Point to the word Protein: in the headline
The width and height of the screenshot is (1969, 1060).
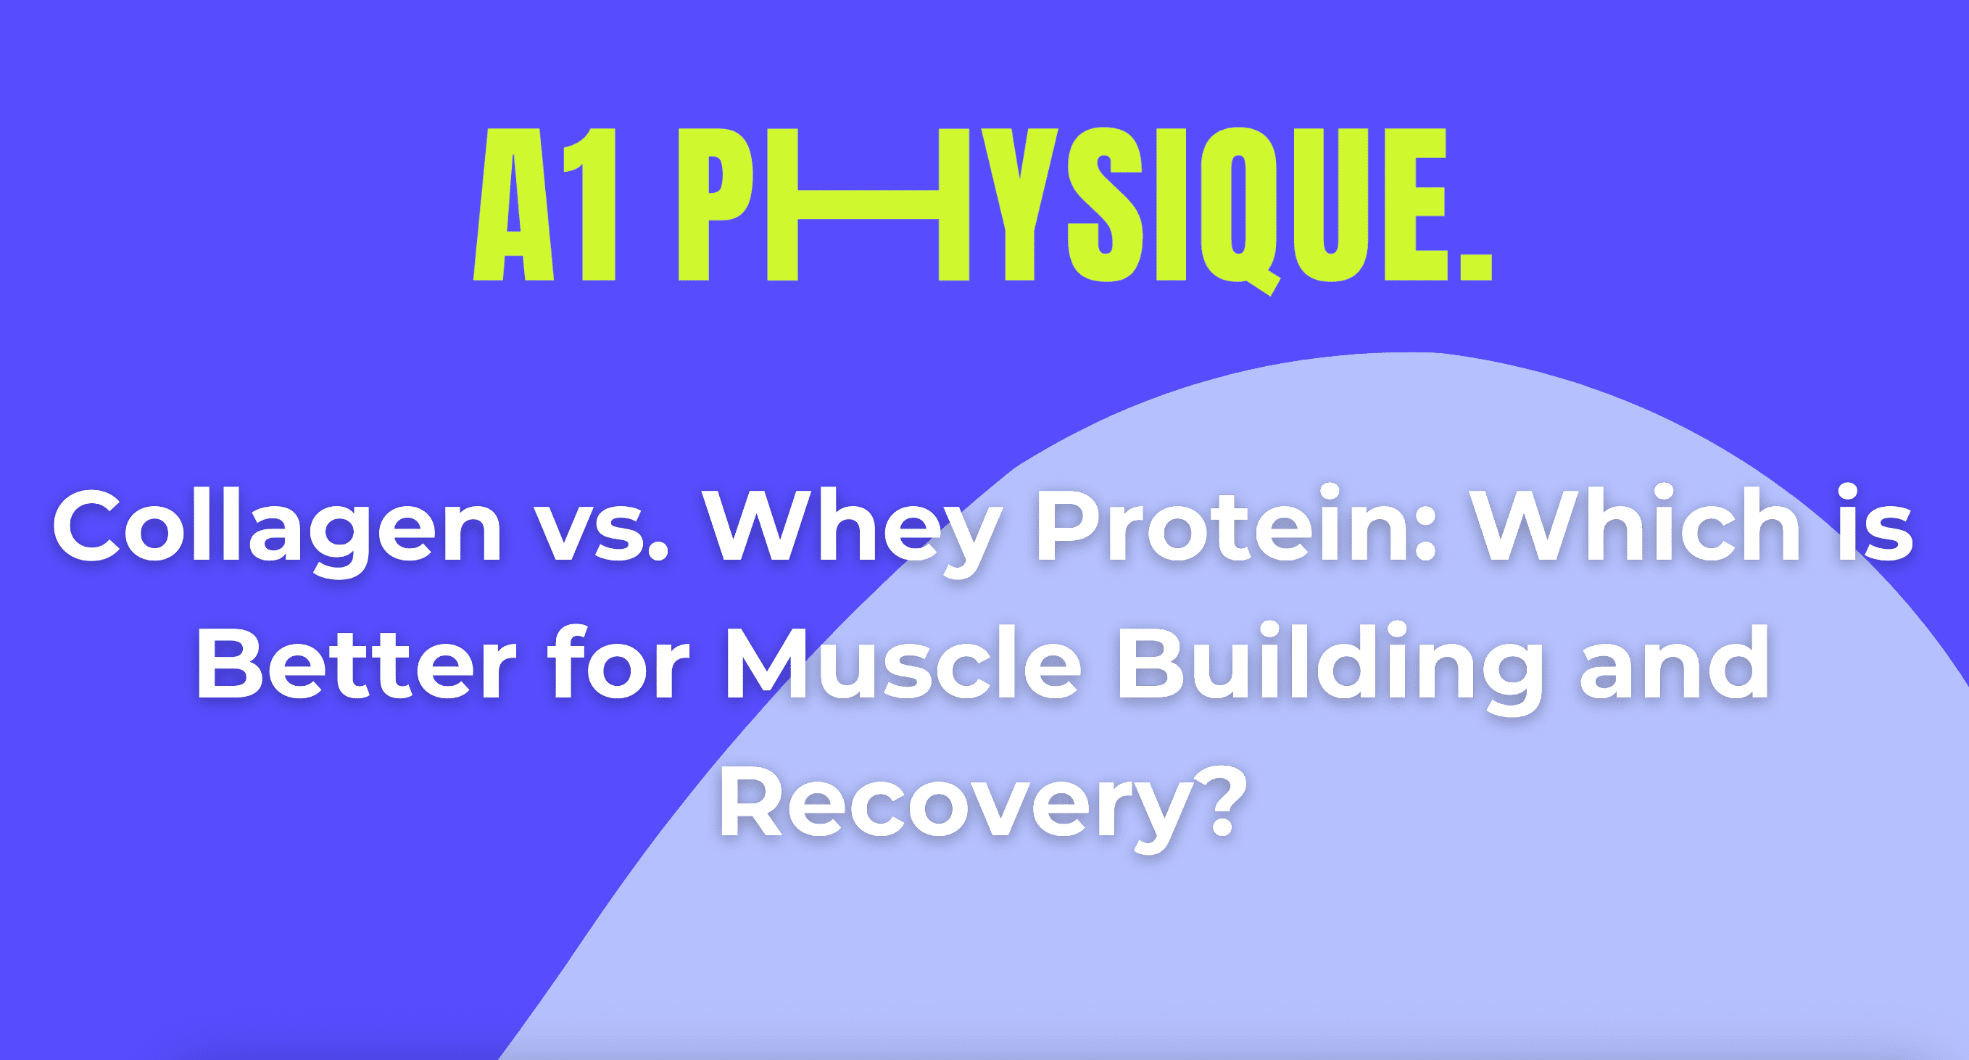(1235, 523)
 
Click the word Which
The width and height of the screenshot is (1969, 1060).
(1636, 523)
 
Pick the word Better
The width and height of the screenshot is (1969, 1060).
(356, 662)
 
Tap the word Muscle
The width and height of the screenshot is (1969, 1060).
(903, 662)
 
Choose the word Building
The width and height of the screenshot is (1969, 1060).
(1331, 669)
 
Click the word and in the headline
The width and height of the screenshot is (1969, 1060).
(1674, 662)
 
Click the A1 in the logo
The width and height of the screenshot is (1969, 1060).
(544, 204)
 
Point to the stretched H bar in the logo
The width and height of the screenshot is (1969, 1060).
(869, 204)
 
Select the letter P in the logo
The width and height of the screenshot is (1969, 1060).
(716, 204)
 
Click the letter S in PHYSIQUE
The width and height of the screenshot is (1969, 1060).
(1105, 204)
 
